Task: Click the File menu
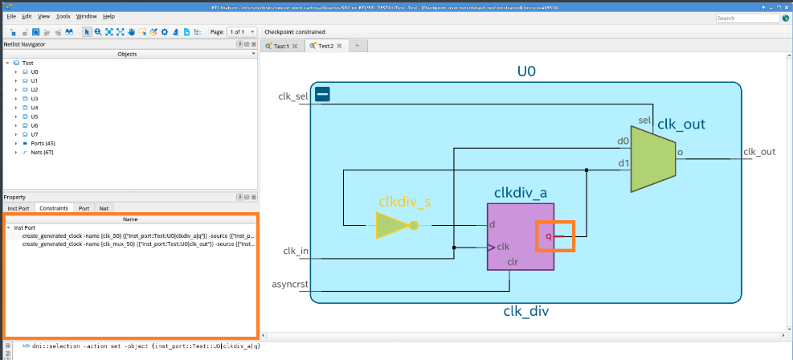click(11, 16)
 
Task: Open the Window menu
click(86, 16)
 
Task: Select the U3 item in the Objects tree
click(35, 99)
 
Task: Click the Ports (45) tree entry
click(43, 143)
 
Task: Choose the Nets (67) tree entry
click(43, 152)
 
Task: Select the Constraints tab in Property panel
click(54, 208)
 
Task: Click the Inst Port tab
click(18, 208)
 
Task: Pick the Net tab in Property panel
click(103, 208)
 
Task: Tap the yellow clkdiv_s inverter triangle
click(391, 226)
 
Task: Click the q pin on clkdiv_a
click(549, 236)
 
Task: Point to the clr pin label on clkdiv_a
click(511, 262)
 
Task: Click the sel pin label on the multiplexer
click(644, 121)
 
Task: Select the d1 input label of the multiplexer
click(623, 163)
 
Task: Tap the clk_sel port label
click(292, 97)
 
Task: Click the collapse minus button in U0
click(323, 94)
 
